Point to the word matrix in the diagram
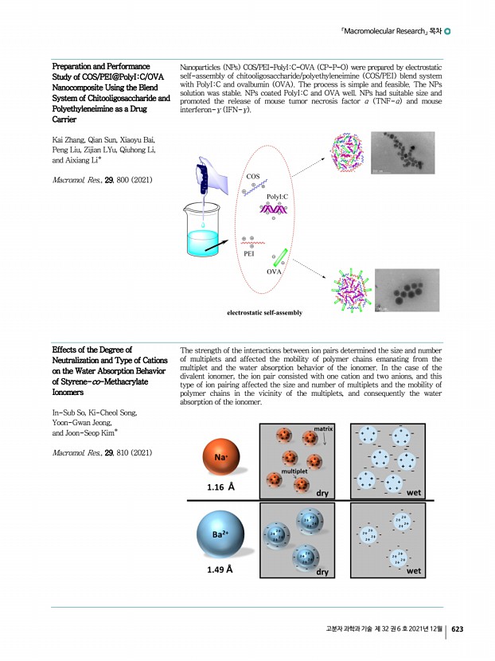pyautogui.click(x=322, y=428)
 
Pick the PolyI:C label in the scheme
pyautogui.click(x=278, y=195)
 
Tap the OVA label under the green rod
pyautogui.click(x=275, y=272)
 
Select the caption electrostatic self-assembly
pyautogui.click(x=265, y=314)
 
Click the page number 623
pyautogui.click(x=457, y=629)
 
